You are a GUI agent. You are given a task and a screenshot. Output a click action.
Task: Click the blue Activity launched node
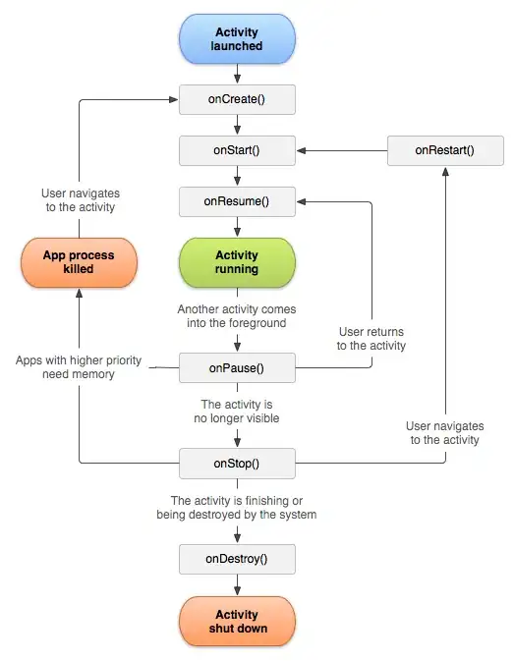(237, 39)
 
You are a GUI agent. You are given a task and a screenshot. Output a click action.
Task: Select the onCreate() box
(237, 99)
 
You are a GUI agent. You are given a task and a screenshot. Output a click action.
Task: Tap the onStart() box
(237, 151)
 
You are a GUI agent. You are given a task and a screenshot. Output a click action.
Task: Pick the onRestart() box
(444, 151)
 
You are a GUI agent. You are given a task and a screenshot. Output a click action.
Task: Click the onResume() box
(237, 203)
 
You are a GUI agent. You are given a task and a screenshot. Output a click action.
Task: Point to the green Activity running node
(237, 262)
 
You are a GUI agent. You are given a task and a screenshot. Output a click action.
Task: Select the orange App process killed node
(79, 262)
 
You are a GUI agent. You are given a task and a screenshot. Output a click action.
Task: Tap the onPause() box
(237, 368)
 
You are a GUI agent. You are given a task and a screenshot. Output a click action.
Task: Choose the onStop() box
(237, 462)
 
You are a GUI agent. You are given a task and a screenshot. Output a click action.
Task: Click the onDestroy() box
(237, 559)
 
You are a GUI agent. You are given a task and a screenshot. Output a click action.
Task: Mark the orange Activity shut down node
(237, 621)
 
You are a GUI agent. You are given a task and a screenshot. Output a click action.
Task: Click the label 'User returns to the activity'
(371, 339)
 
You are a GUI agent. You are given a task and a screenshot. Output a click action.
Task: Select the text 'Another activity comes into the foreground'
(237, 315)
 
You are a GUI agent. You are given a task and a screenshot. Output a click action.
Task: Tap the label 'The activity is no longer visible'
(237, 412)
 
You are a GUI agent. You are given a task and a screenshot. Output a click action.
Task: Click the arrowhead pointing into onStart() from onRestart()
(302, 151)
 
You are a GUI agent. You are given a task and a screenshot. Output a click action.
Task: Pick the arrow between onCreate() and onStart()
(237, 126)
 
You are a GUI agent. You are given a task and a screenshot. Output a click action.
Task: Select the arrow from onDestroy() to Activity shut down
(237, 585)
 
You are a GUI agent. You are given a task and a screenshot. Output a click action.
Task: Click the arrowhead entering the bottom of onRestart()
(444, 172)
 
